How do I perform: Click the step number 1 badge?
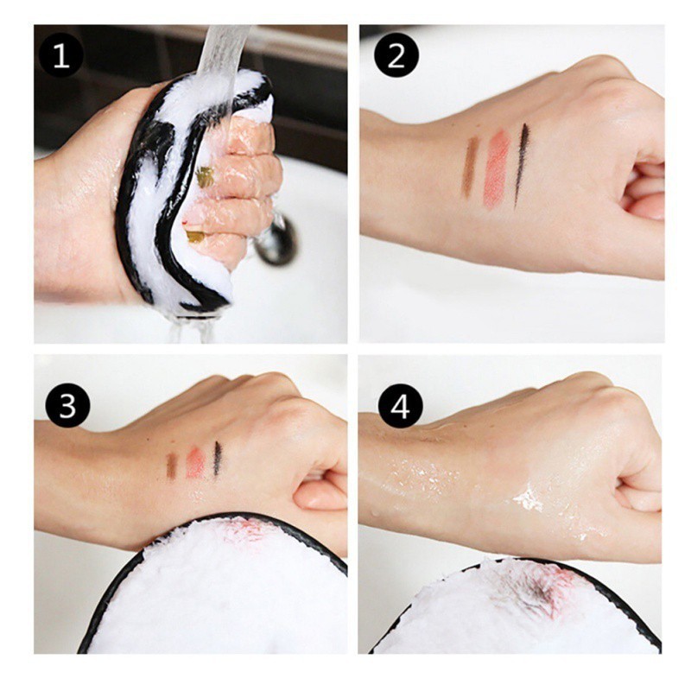(x=60, y=56)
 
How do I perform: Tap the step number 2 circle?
(x=396, y=55)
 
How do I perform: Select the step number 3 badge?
(x=68, y=406)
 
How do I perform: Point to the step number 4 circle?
(x=400, y=405)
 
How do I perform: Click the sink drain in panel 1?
(x=276, y=240)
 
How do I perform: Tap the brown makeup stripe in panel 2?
(x=470, y=167)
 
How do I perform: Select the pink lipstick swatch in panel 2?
(x=497, y=168)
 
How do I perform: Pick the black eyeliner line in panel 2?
(x=521, y=166)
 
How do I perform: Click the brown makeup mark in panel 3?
(x=171, y=466)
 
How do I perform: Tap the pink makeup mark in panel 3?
(x=196, y=463)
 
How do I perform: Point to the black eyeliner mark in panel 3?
(x=218, y=459)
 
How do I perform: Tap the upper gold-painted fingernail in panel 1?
(x=205, y=177)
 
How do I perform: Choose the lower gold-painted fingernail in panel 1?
(x=195, y=237)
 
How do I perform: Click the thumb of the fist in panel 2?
(x=643, y=205)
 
